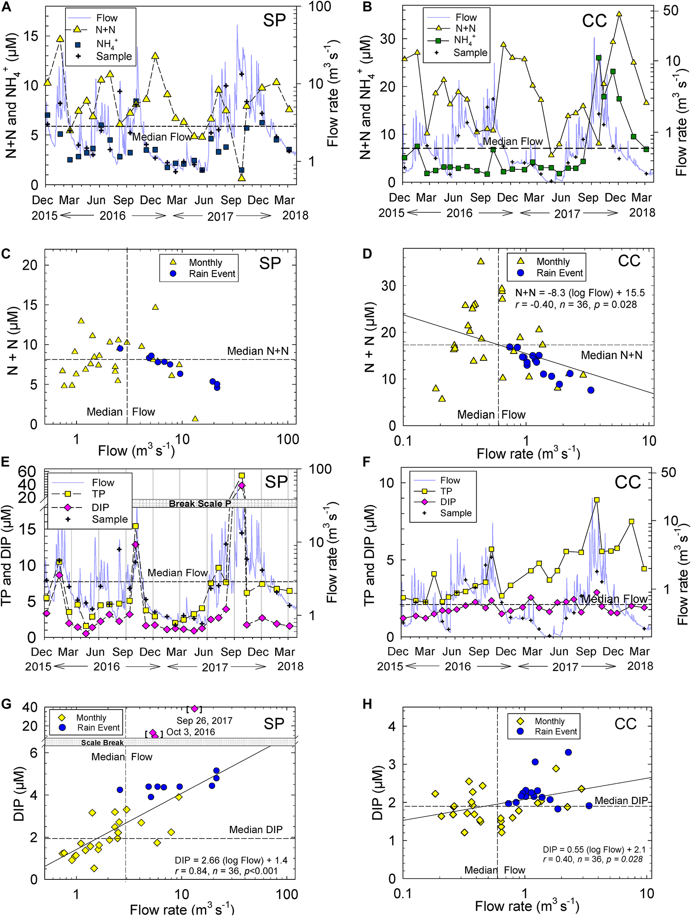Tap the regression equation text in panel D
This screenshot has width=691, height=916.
click(580, 293)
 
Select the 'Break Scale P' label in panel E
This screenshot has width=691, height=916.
click(200, 504)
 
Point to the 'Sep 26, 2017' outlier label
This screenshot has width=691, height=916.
click(205, 720)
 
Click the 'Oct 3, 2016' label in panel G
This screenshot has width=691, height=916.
click(191, 732)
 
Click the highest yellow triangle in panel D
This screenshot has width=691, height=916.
click(481, 261)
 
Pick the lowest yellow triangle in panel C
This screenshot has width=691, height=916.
click(195, 419)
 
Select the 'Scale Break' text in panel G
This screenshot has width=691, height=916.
click(102, 743)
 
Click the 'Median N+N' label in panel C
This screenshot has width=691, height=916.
click(258, 351)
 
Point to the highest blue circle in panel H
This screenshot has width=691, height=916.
click(568, 752)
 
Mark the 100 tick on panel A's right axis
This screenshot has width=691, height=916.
click(319, 7)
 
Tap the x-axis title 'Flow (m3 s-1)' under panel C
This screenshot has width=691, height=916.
click(136, 450)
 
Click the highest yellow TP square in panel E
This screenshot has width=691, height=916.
click(242, 476)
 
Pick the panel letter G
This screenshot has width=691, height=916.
click(6, 704)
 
